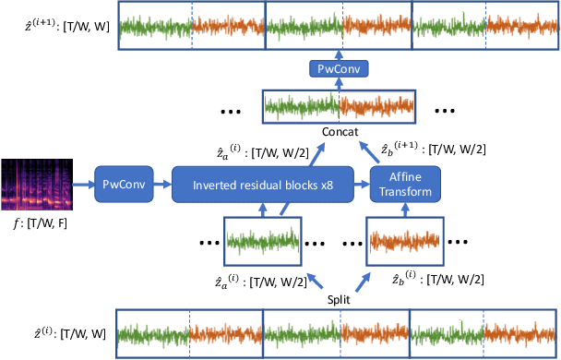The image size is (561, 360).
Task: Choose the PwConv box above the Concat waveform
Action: point(338,69)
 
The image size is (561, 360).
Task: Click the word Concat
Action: point(340,131)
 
